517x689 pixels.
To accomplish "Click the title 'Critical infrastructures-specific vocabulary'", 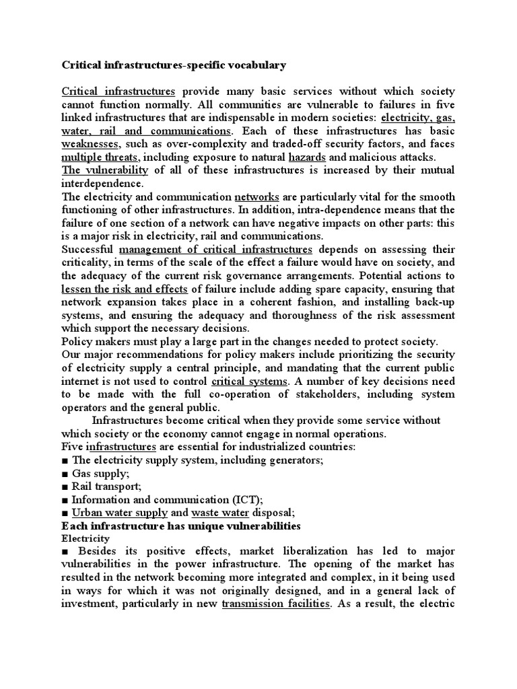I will (174, 65).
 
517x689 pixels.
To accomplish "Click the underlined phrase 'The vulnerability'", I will (104, 170).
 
